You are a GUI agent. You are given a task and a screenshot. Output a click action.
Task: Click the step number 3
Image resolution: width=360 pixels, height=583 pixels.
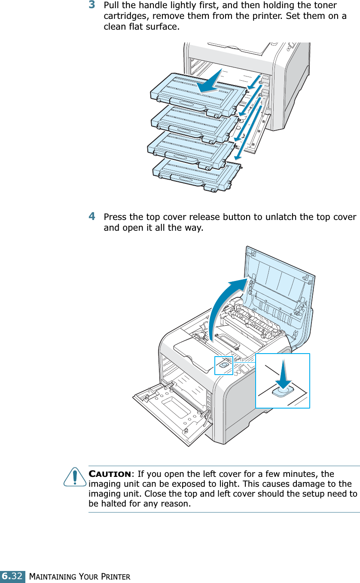[92, 6]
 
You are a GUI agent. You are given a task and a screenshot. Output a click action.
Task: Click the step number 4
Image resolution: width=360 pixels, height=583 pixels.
[92, 216]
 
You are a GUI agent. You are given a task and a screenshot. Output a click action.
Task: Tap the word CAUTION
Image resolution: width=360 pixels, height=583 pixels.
[110, 474]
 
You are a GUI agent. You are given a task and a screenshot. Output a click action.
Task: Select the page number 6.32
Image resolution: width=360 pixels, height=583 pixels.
[12, 576]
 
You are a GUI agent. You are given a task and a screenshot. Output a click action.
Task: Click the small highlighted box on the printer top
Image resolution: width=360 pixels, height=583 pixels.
[223, 365]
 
